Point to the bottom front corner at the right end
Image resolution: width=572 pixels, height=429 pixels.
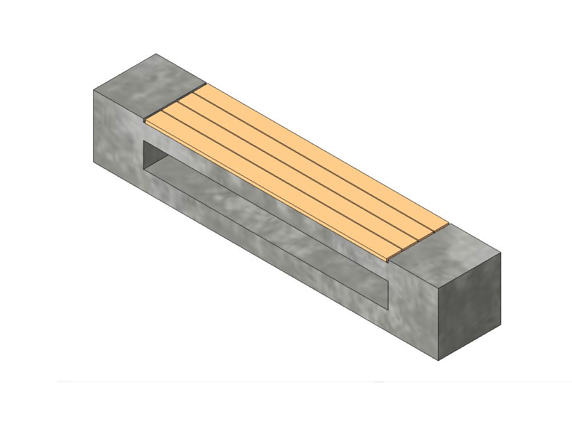(438, 360)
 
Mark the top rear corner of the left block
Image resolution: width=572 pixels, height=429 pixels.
(156, 54)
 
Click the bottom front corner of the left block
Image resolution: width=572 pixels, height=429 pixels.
(94, 162)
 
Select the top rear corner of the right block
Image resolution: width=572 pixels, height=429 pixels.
(501, 252)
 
